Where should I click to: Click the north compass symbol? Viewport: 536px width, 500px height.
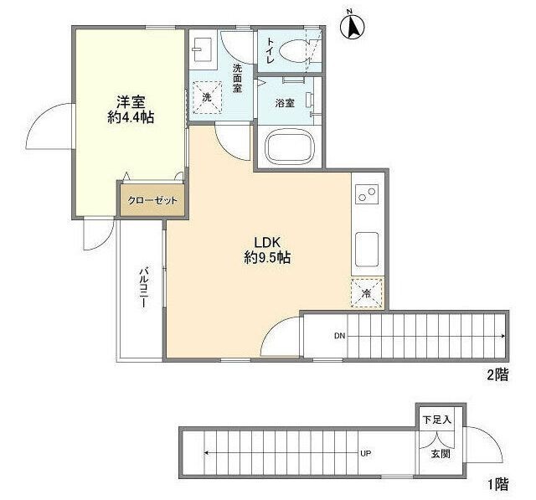353,26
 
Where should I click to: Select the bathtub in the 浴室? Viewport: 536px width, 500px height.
289,147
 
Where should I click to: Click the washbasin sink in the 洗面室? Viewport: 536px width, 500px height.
203,49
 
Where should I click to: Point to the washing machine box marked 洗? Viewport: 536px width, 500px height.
207,97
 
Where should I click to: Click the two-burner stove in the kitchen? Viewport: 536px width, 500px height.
367,194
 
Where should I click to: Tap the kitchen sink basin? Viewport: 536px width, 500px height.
367,249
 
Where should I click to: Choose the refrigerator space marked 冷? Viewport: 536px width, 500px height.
367,293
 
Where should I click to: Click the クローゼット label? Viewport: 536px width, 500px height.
152,200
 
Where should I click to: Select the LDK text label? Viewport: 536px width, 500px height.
267,242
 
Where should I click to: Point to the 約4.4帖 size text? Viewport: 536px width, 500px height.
131,117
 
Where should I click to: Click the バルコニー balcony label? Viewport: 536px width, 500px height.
144,288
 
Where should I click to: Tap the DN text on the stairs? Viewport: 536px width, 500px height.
339,336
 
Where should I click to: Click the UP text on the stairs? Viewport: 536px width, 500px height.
366,454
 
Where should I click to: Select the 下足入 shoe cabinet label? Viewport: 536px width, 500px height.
437,420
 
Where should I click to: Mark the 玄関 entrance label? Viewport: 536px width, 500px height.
441,454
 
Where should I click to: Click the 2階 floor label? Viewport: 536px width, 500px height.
497,375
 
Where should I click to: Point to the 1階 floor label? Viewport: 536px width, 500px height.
497,484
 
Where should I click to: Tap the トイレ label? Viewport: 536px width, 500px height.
270,51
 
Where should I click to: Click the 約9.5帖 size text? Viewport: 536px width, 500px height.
267,257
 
